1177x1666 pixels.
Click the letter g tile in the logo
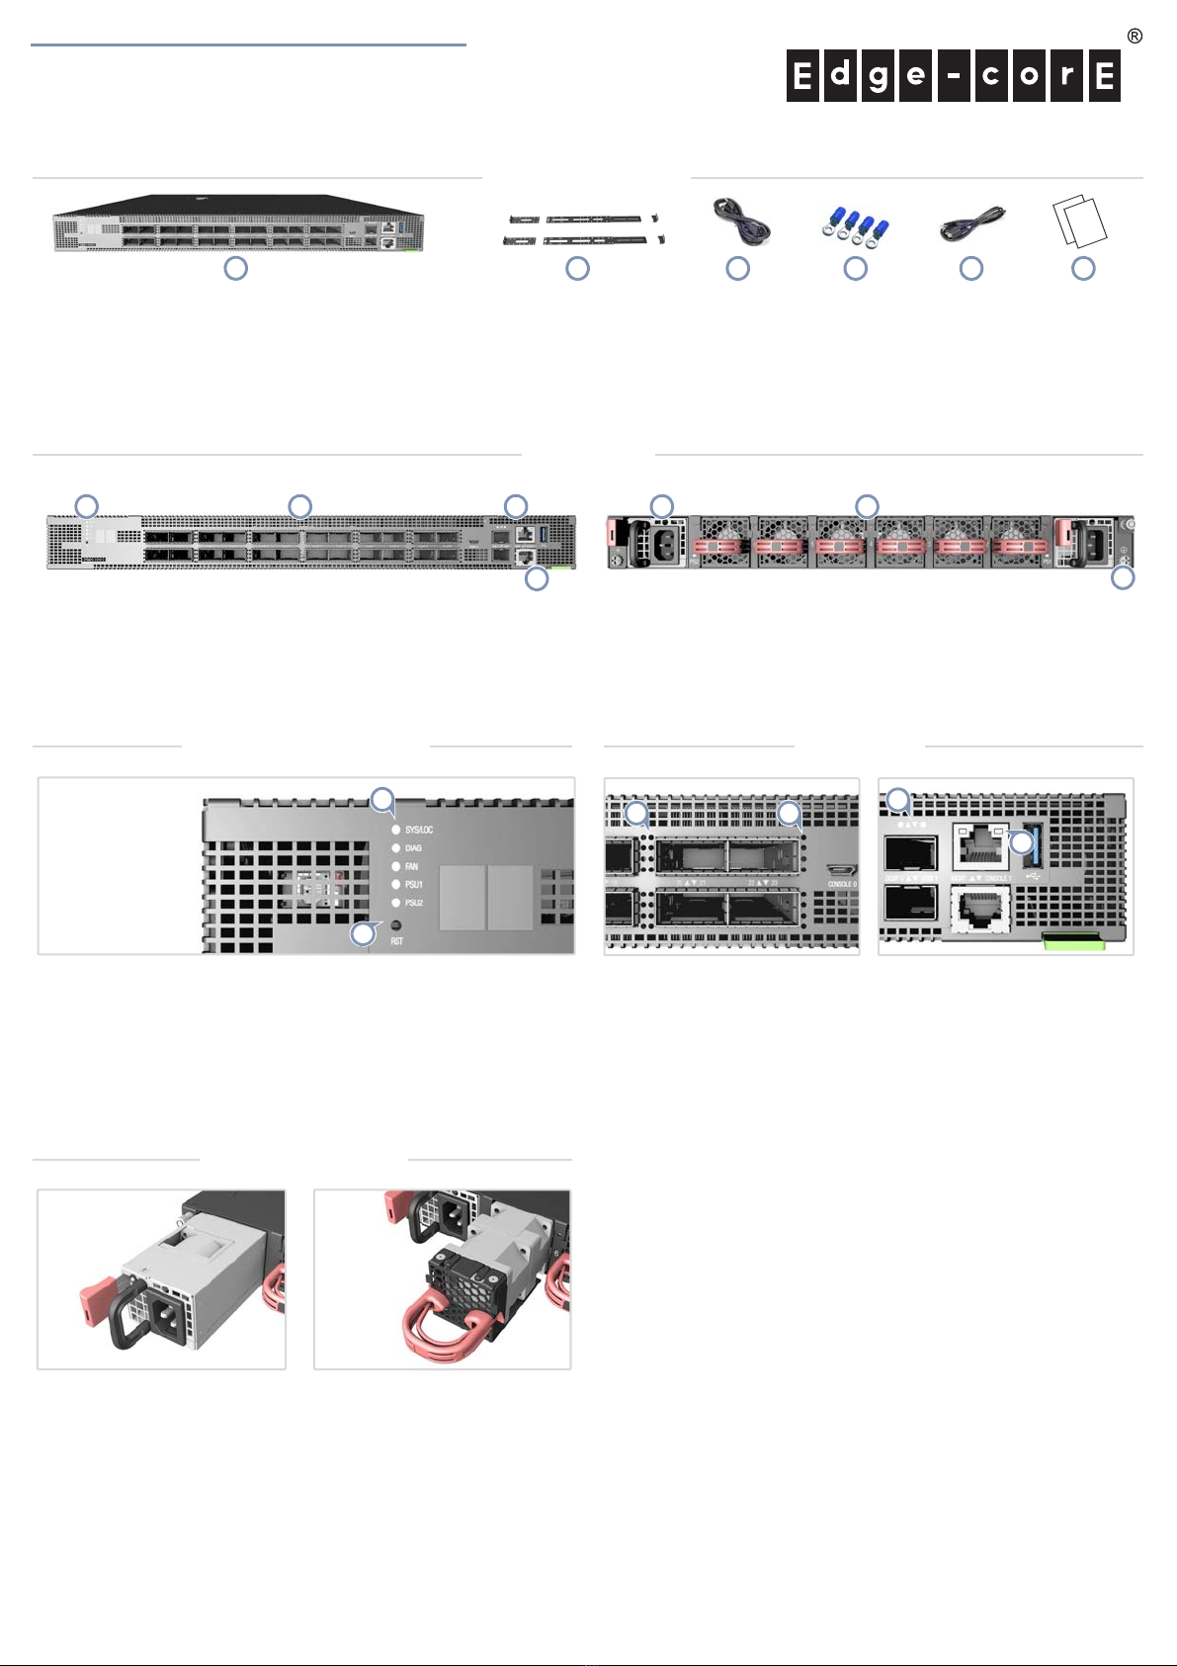click(879, 77)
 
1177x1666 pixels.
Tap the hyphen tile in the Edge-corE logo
click(954, 77)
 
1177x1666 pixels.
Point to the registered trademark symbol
click(1135, 37)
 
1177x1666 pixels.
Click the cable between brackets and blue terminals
click(740, 222)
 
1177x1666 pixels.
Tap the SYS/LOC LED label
click(419, 831)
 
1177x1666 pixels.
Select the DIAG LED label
click(413, 848)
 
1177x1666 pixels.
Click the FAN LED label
click(411, 867)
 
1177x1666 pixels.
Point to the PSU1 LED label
click(414, 885)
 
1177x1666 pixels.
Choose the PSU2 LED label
click(414, 904)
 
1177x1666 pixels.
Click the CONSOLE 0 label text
click(841, 884)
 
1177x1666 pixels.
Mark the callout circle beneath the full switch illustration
click(235, 268)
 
